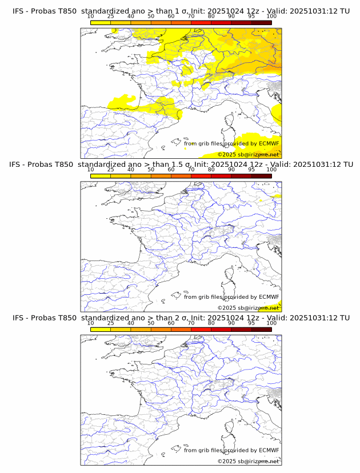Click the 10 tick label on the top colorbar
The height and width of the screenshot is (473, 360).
(91, 16)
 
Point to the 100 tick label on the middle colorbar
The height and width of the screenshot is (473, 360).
(271, 170)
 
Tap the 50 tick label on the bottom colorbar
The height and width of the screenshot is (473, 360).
(151, 323)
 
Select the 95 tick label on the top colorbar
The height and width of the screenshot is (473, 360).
(251, 16)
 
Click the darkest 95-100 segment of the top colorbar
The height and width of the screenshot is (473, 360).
(262, 22)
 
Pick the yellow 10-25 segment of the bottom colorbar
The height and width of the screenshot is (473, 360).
(101, 329)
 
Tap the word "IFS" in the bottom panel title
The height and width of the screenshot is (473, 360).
(19, 318)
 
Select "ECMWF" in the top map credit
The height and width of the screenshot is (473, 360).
(269, 143)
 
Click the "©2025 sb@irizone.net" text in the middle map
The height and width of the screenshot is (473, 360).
(248, 308)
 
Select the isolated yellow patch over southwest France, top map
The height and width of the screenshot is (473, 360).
(121, 102)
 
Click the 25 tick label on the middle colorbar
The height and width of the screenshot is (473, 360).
(111, 170)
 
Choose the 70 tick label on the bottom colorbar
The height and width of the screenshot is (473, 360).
(191, 323)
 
